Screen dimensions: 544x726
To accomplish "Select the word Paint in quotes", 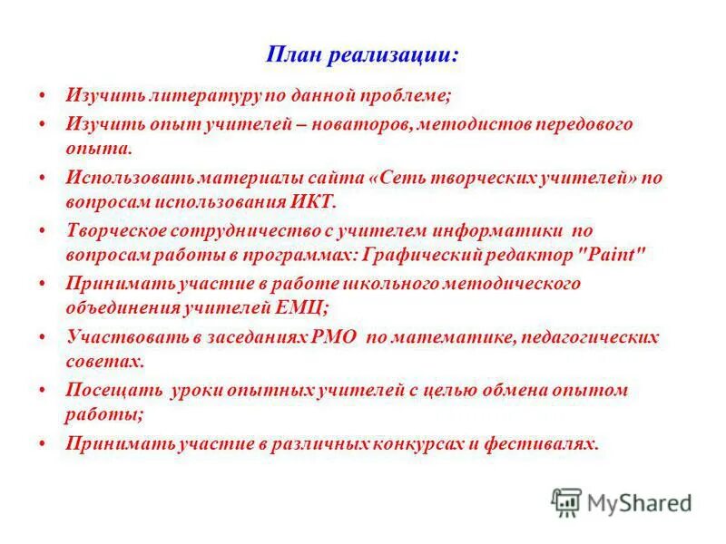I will click(617, 255).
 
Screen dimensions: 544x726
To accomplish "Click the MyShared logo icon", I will click(566, 500).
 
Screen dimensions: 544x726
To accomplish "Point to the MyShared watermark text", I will click(638, 501).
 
